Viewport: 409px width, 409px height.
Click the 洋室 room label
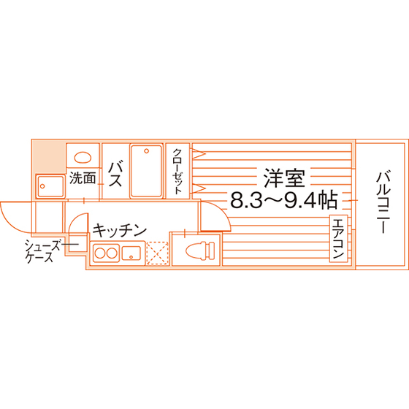[284, 178]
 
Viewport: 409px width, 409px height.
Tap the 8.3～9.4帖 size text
[284, 200]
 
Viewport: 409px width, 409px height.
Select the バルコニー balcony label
[383, 202]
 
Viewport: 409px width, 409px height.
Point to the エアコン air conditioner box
[339, 238]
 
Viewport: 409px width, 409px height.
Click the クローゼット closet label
[177, 172]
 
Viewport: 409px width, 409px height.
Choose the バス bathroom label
[115, 174]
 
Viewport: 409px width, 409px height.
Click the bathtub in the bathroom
[146, 171]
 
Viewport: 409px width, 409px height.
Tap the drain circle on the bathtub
[146, 151]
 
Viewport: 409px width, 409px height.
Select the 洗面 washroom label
[83, 178]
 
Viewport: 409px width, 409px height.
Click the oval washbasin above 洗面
[83, 158]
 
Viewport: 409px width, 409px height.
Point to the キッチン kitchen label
[119, 230]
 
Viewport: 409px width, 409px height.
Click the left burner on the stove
[100, 253]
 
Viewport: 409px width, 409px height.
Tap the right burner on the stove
[112, 253]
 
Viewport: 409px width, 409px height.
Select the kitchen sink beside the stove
[131, 253]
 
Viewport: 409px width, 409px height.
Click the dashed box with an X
[157, 253]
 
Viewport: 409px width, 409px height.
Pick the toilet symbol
[200, 251]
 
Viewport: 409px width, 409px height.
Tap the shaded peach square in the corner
[48, 158]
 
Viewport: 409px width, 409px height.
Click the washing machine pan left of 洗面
[50, 187]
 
